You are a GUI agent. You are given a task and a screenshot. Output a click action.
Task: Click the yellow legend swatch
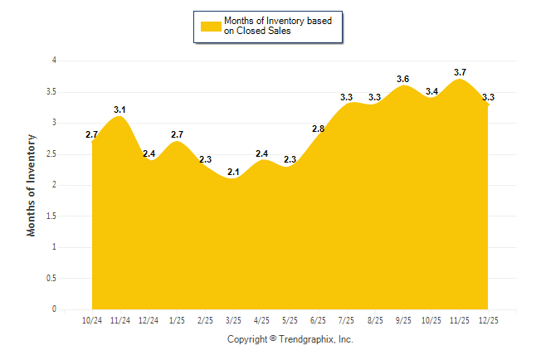(x=210, y=26)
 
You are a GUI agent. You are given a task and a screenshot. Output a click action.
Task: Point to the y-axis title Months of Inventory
(x=32, y=185)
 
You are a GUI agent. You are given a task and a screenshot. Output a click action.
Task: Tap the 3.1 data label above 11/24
(x=119, y=109)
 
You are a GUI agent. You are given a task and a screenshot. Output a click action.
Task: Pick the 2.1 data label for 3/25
(x=233, y=172)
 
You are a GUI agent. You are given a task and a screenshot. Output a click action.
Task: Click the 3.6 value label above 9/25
(x=403, y=79)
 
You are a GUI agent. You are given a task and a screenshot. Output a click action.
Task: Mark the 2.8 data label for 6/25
(x=318, y=129)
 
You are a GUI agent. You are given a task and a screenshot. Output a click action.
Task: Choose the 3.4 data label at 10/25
(x=431, y=91)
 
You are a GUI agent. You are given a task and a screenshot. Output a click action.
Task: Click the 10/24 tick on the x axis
(x=92, y=320)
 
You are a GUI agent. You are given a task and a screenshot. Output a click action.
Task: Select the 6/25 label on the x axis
(x=318, y=320)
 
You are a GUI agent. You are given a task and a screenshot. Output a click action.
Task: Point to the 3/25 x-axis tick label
(x=233, y=320)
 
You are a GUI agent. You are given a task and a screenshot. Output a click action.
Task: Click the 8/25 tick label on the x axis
(x=375, y=320)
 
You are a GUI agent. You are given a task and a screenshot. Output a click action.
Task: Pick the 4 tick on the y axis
(x=54, y=61)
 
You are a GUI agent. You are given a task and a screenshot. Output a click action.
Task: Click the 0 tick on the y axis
(x=54, y=309)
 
